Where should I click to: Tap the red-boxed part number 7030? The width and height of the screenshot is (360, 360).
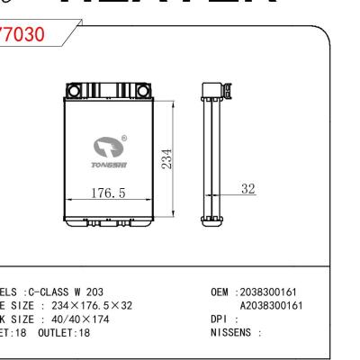coord(27,35)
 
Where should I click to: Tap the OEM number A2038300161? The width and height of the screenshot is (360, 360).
coord(282,304)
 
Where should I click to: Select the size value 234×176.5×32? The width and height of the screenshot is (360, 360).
coord(85,304)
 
